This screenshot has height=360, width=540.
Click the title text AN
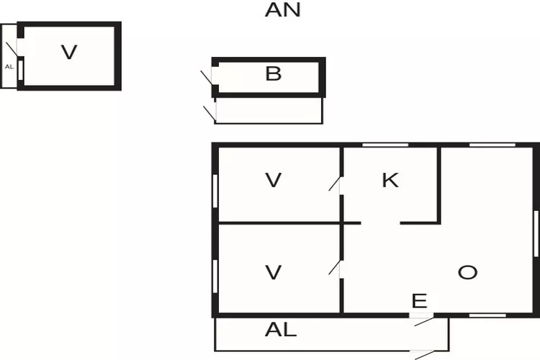(x=283, y=10)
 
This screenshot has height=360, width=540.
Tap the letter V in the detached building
(x=68, y=52)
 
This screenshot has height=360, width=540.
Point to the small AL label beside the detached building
(x=9, y=66)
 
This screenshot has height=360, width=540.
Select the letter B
(x=273, y=73)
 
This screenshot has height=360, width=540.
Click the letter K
(x=390, y=180)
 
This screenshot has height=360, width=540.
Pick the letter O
(x=467, y=272)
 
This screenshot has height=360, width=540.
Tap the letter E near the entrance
(x=418, y=301)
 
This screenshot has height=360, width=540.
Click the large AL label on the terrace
(x=281, y=330)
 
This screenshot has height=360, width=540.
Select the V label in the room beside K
(x=273, y=180)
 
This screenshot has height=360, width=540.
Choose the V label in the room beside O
(x=273, y=272)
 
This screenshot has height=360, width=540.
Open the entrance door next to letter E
(x=423, y=320)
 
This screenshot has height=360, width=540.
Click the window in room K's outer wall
(x=379, y=145)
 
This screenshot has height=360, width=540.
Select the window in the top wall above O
(x=492, y=145)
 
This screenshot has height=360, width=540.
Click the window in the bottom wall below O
(x=487, y=315)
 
